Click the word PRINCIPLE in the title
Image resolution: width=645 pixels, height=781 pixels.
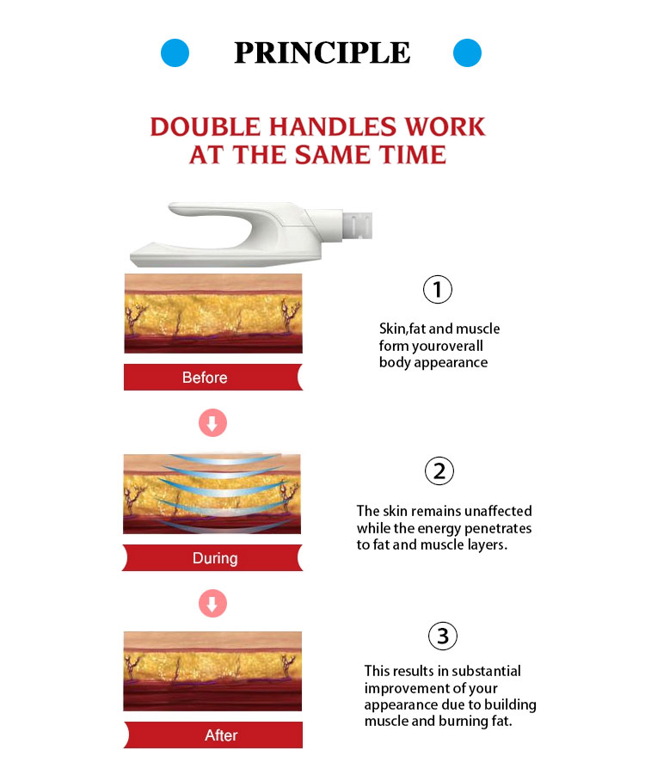coord(322,52)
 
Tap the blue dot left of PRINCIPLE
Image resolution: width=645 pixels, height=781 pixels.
coord(175,52)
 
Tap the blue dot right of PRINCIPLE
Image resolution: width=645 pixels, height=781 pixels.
coord(467,52)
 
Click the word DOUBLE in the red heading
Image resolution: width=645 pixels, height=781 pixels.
coord(205,126)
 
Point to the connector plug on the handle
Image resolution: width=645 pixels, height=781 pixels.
coord(358,225)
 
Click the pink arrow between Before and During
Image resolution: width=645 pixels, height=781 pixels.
coord(212,423)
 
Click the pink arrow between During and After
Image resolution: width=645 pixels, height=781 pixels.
coord(212,604)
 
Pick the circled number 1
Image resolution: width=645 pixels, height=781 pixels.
coord(437,289)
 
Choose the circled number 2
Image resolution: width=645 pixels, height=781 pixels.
coord(439,470)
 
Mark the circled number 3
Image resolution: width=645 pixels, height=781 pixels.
coord(443,636)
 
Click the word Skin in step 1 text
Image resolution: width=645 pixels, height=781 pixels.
coord(392,329)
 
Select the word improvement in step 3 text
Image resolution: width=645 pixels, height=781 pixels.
coord(402,688)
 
